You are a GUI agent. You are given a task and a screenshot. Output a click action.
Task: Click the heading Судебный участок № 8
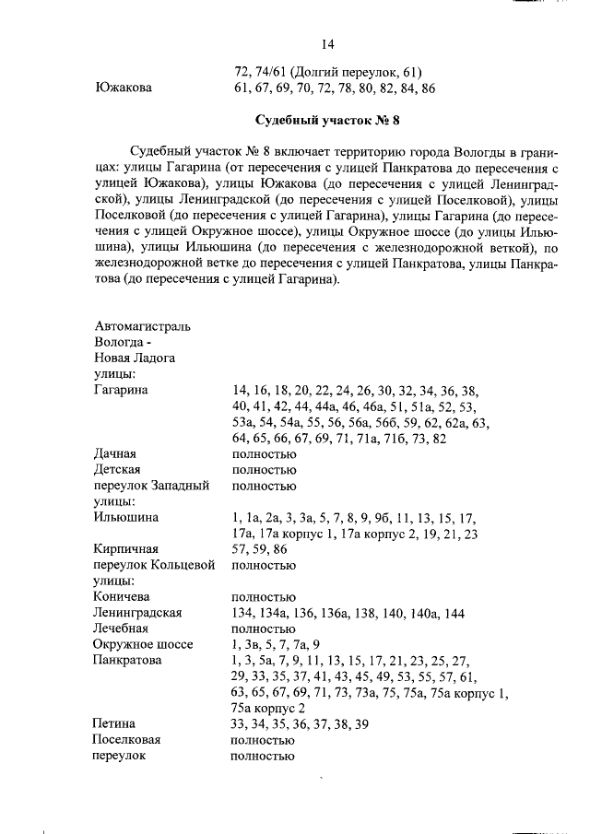coord(326,121)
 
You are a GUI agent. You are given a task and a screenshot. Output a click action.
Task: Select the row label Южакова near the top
coord(124,88)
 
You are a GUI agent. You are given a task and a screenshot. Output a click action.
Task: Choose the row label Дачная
coord(115,453)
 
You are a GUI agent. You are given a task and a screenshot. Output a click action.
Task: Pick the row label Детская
coord(118,470)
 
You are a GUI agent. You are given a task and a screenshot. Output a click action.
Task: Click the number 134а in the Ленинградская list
coord(282,612)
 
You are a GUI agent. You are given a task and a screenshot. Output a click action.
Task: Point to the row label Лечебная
coord(122,628)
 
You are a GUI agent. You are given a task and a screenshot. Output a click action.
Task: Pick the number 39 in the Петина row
coord(361,723)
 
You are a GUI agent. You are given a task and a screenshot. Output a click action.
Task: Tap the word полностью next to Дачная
coord(263,453)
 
